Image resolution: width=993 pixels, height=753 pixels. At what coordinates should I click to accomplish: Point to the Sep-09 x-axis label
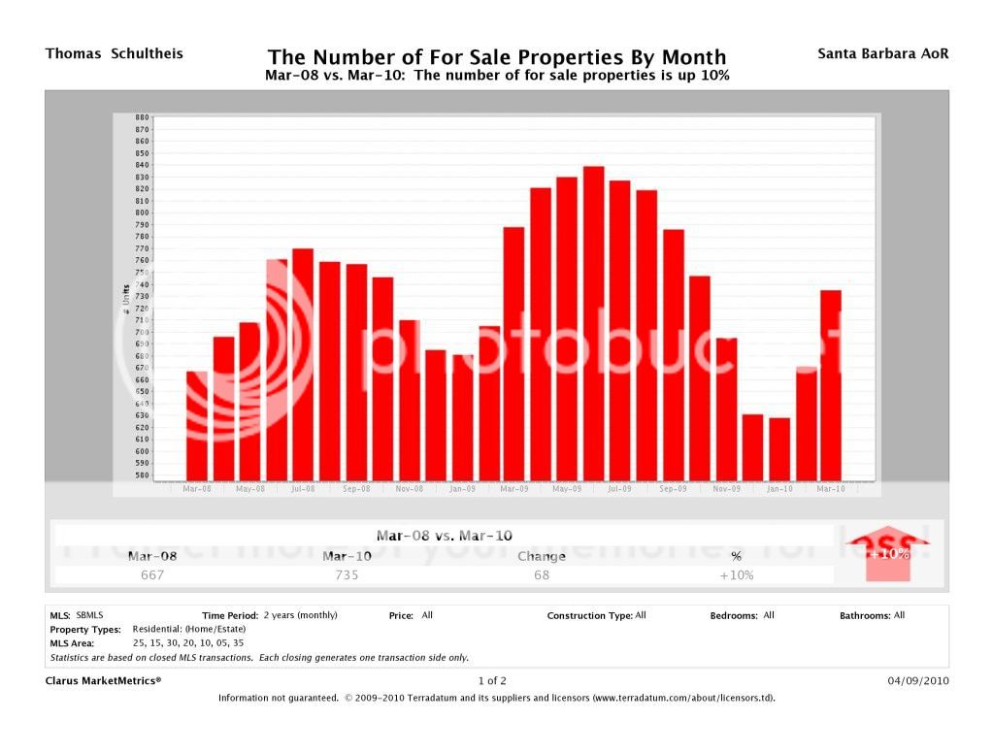point(673,489)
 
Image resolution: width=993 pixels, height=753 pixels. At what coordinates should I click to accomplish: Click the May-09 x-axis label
point(567,489)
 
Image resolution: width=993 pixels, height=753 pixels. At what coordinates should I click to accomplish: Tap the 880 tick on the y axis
point(143,117)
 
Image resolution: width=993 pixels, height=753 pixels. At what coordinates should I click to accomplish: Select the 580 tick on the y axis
point(143,475)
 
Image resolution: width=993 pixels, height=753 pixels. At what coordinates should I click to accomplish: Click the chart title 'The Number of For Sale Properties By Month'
point(496,57)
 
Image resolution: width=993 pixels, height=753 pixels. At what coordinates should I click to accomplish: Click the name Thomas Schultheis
point(114,53)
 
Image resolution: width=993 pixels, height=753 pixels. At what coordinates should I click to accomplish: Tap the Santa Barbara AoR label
point(883,53)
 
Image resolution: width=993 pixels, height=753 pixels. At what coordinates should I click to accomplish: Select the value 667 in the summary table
point(152,574)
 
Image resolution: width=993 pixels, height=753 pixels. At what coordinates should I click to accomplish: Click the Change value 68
point(541,574)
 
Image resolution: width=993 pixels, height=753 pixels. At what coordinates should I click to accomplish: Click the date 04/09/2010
point(918,680)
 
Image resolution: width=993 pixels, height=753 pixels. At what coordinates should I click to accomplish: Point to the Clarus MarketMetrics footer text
point(104,680)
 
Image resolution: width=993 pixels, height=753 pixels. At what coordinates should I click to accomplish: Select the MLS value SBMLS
point(89,615)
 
